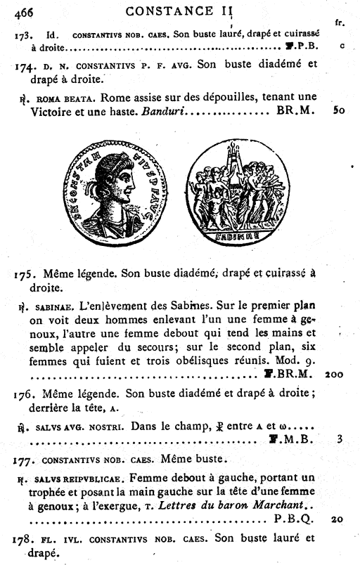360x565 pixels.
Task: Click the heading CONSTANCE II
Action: coord(179,11)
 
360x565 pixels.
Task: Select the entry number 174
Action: coord(22,65)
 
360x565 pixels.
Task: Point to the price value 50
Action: coord(339,111)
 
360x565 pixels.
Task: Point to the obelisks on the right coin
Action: coord(229,158)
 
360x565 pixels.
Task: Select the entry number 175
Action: coord(23,274)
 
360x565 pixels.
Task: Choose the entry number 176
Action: coord(24,394)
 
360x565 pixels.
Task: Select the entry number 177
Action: coord(23,460)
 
